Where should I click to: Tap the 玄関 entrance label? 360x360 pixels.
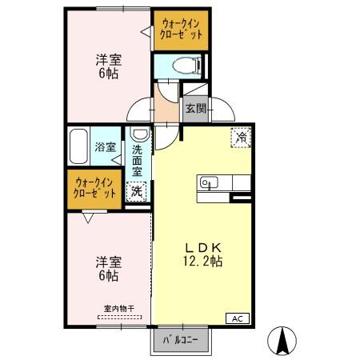click(x=196, y=108)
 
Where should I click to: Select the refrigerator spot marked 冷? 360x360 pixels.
click(x=240, y=137)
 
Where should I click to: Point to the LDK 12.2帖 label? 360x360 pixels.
click(x=203, y=254)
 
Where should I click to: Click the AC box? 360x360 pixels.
click(x=238, y=318)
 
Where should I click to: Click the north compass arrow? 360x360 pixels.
click(x=282, y=342)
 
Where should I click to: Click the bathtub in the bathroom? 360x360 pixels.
click(x=78, y=146)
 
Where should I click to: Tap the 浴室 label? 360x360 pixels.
click(x=106, y=147)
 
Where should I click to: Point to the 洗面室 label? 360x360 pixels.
click(x=138, y=160)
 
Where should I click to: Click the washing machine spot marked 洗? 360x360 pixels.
click(x=137, y=191)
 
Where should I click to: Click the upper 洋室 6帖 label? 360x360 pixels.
click(x=108, y=65)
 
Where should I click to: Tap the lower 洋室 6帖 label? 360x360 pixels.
click(x=108, y=267)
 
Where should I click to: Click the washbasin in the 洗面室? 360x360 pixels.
click(x=138, y=134)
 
